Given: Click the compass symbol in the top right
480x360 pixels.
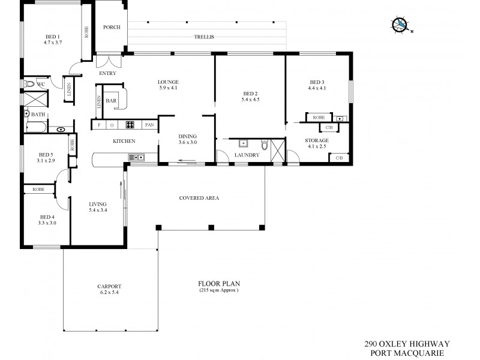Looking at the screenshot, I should (400, 25).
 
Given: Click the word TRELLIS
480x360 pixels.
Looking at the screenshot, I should (203, 37).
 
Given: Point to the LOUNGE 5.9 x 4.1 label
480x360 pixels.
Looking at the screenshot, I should (169, 85).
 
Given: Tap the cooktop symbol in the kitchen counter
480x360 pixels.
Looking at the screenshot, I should (129, 125).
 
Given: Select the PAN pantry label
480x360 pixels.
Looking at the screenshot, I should (149, 125).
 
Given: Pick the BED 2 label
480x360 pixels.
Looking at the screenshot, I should (250, 97).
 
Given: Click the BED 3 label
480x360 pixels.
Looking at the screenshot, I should (317, 85).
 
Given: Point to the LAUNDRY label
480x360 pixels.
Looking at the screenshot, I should (247, 155).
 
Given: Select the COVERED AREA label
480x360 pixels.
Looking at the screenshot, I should (199, 198).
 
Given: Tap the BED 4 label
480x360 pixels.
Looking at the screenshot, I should (47, 220).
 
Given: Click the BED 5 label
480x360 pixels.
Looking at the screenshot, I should (46, 157).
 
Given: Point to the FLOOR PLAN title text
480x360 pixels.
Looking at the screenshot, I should (218, 284).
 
